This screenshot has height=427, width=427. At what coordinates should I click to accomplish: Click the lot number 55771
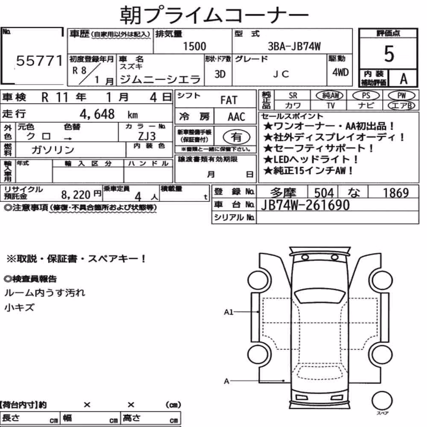click(x=39, y=61)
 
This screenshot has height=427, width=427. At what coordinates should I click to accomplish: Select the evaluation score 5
click(x=389, y=54)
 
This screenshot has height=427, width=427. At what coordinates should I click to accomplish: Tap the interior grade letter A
click(x=404, y=79)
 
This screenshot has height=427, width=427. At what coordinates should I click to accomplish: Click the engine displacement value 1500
click(x=194, y=46)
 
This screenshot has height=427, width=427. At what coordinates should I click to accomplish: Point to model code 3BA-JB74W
click(x=294, y=46)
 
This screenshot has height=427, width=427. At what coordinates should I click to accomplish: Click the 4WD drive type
click(x=340, y=72)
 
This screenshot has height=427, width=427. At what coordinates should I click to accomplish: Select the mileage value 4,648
click(x=97, y=114)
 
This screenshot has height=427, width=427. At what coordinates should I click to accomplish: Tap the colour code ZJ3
click(x=147, y=136)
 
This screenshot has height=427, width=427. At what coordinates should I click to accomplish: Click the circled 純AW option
click(x=330, y=95)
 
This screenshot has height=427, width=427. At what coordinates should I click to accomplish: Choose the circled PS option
click(x=366, y=95)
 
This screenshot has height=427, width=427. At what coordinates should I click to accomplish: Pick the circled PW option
click(x=401, y=95)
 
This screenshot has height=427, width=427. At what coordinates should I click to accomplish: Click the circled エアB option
click(x=401, y=105)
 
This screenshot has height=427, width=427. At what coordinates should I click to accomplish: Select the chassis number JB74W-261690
click(x=305, y=205)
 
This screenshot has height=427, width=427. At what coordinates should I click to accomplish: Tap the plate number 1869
click(x=396, y=193)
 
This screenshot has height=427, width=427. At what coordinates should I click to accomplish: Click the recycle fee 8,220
click(x=76, y=194)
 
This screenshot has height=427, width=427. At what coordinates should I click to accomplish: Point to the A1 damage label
click(x=228, y=312)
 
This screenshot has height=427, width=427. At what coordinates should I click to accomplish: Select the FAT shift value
click(x=229, y=100)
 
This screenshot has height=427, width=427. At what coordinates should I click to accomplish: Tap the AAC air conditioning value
click(x=237, y=117)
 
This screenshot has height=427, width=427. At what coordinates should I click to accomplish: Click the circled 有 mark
click(x=236, y=137)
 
